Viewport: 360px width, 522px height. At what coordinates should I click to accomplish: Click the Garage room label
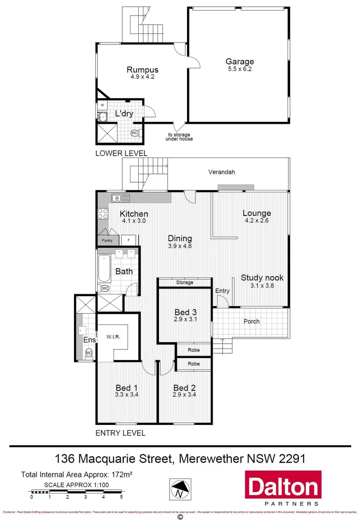click(x=240, y=62)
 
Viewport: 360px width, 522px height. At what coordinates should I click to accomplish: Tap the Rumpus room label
click(x=143, y=70)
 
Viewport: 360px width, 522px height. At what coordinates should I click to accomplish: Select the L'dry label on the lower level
click(x=124, y=114)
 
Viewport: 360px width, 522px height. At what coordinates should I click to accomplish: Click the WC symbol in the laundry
click(x=135, y=133)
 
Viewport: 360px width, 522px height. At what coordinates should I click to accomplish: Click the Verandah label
click(x=222, y=172)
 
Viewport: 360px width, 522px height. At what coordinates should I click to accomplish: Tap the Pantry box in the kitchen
click(x=107, y=240)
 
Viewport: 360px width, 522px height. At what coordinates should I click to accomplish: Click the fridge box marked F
click(x=129, y=240)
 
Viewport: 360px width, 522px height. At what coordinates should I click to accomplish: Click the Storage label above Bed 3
click(x=185, y=282)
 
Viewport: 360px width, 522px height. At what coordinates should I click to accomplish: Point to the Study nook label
click(x=262, y=278)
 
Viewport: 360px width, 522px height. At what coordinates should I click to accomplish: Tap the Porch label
click(x=251, y=321)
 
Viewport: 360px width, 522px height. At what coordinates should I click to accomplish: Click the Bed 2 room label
click(x=184, y=388)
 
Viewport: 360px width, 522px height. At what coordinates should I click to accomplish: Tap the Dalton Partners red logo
click(x=283, y=488)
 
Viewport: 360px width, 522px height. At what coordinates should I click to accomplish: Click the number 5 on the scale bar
click(x=122, y=496)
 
